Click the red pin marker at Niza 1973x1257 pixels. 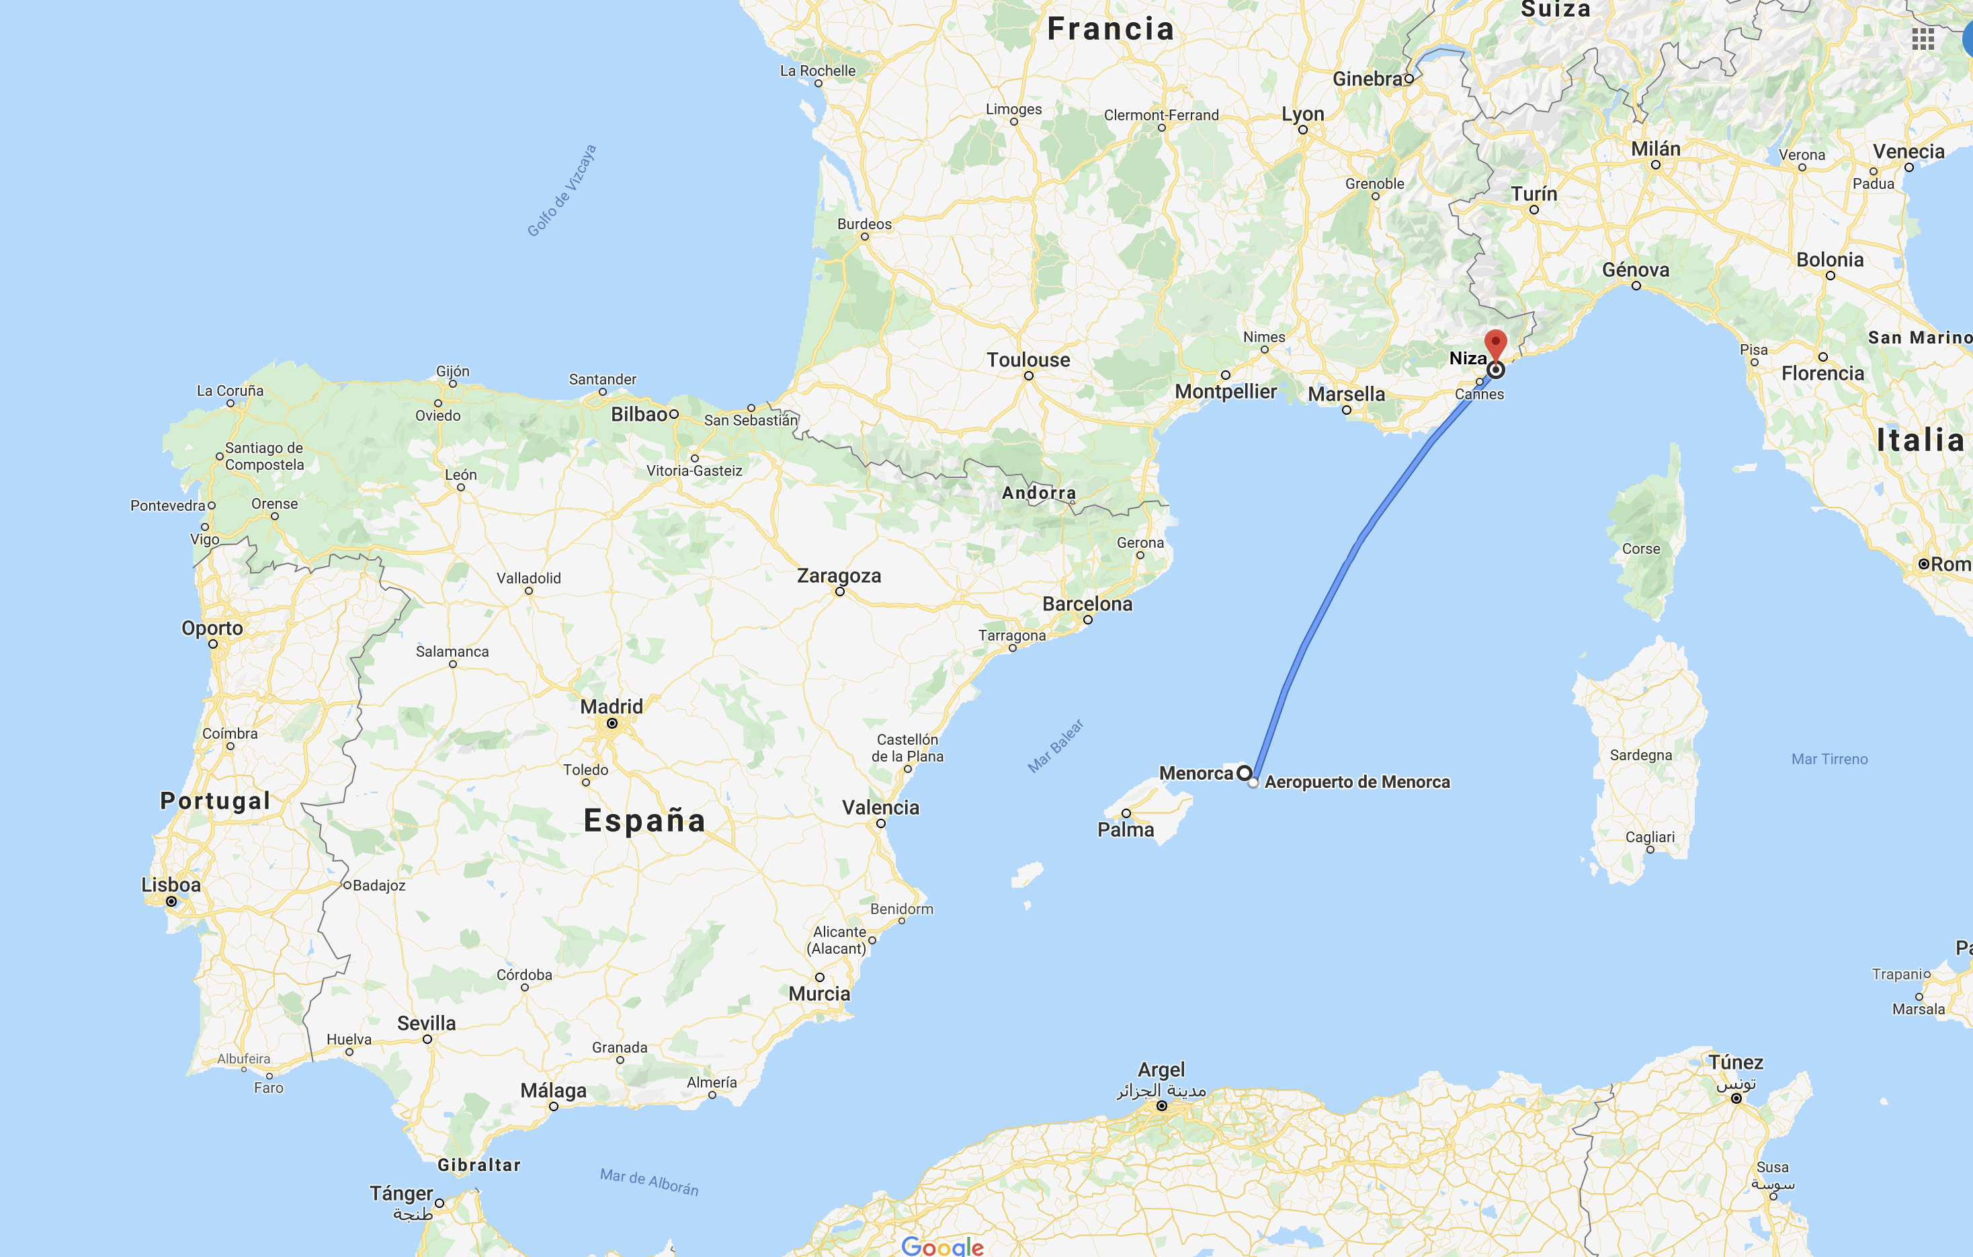(x=1495, y=343)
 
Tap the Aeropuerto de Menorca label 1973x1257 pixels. (x=1357, y=782)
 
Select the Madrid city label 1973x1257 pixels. (x=612, y=706)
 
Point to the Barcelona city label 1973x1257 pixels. (x=1087, y=604)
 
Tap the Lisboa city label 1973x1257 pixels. (x=171, y=885)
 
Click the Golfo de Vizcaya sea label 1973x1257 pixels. (x=562, y=191)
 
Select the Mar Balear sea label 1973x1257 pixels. (x=1056, y=745)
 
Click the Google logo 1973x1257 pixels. (x=942, y=1246)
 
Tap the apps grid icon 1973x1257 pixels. (x=1922, y=38)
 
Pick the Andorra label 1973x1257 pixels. (x=1039, y=493)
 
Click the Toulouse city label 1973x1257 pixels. (x=1028, y=360)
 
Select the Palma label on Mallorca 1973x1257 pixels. (x=1126, y=829)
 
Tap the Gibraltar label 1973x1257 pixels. (x=479, y=1164)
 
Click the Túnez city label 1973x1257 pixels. (x=1735, y=1062)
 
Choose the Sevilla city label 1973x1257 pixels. (x=426, y=1022)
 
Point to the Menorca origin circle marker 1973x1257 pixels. (x=1245, y=773)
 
